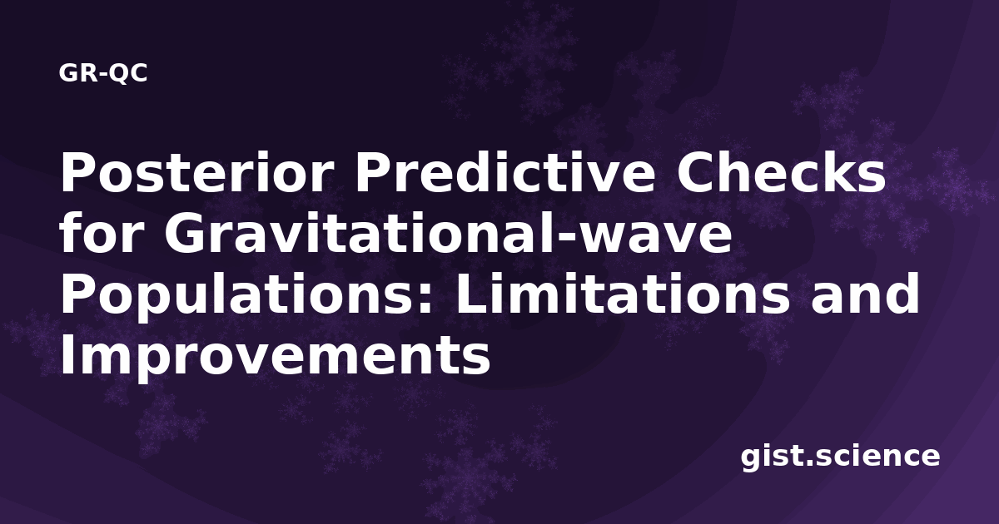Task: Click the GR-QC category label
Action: click(103, 73)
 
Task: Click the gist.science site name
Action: click(840, 457)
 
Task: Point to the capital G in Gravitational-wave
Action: click(184, 232)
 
